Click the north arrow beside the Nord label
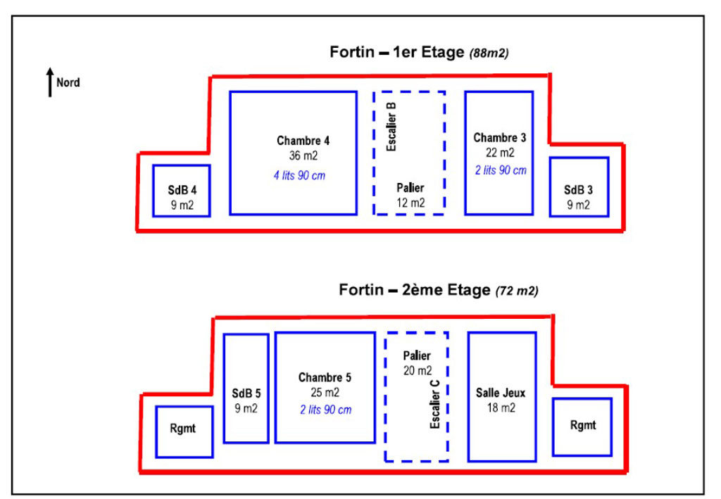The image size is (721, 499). tap(50, 82)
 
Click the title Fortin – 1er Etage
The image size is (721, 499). tap(397, 53)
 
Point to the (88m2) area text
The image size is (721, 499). tap(489, 53)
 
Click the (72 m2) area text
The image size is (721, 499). tap(518, 291)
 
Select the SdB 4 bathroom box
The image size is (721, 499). tap(182, 191)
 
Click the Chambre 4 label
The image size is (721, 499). tap(303, 140)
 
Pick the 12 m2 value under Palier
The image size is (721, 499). tap(410, 203)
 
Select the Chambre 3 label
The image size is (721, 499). tap(500, 137)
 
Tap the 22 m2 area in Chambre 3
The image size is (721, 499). tap(500, 152)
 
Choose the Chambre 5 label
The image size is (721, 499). tap(324, 377)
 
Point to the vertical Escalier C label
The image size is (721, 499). tap(434, 405)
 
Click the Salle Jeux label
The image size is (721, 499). tap(501, 393)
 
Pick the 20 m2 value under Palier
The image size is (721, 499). tap(417, 370)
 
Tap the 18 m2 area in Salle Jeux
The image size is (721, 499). tap(501, 408)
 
